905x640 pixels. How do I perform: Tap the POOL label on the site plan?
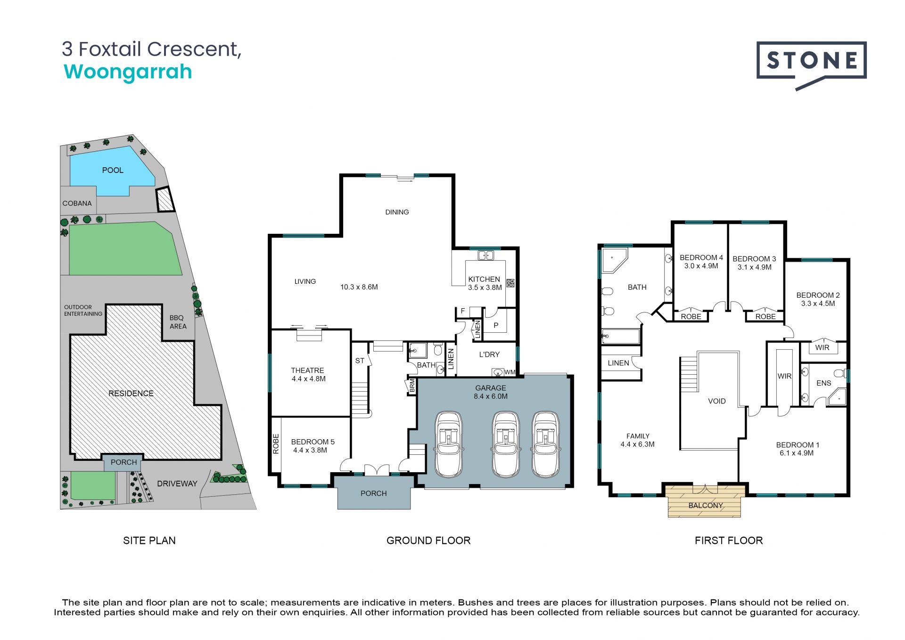click(113, 170)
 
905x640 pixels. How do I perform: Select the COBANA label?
click(77, 204)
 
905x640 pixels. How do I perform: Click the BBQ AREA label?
click(178, 322)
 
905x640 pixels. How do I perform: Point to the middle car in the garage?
click(505, 444)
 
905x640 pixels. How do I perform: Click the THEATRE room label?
click(307, 370)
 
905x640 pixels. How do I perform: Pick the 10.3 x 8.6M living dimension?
click(359, 287)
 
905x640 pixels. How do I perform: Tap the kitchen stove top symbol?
click(510, 283)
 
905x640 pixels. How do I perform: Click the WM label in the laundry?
click(510, 372)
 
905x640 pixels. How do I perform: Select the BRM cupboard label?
click(412, 386)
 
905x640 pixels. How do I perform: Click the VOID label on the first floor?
click(716, 401)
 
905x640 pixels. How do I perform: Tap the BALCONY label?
click(706, 506)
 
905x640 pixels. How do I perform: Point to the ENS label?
click(823, 383)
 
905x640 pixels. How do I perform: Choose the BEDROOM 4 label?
click(701, 258)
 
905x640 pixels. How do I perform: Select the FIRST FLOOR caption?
click(728, 541)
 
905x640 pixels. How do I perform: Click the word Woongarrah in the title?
click(128, 72)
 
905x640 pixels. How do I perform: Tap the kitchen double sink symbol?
click(485, 255)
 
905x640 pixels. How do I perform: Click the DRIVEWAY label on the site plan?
click(177, 484)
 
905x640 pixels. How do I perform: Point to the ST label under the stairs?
click(360, 361)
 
